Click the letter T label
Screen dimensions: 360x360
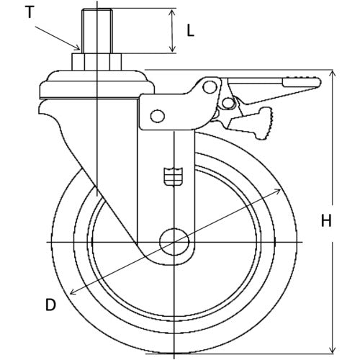pyautogui.click(x=30, y=12)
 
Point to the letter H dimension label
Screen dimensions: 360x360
pyautogui.click(x=326, y=222)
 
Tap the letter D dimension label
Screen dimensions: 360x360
pyautogui.click(x=50, y=305)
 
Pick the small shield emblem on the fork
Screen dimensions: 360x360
pyautogui.click(x=174, y=175)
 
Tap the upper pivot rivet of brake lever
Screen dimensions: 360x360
pyautogui.click(x=209, y=87)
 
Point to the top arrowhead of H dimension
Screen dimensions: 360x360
pyautogui.click(x=332, y=73)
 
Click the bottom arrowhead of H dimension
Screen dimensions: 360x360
pyautogui.click(x=332, y=351)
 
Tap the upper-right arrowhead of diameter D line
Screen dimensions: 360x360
pyautogui.click(x=278, y=189)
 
